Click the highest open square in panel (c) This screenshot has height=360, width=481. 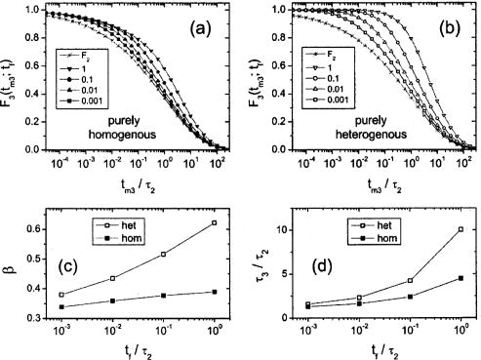pyautogui.click(x=215, y=196)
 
